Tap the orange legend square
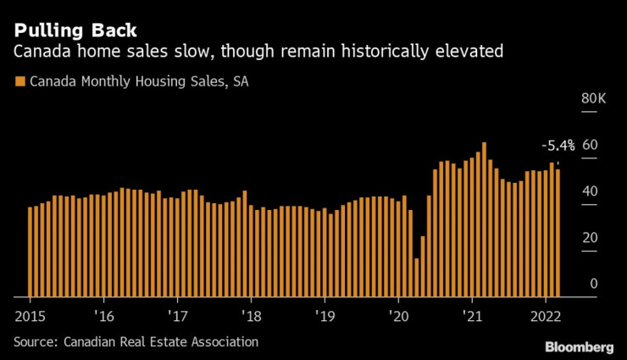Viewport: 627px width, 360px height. pos(19,82)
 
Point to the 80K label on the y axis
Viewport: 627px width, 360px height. pos(594,99)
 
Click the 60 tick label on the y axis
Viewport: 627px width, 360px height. pos(590,145)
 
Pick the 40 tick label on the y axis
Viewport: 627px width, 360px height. pos(590,191)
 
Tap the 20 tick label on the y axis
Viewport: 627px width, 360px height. pos(590,238)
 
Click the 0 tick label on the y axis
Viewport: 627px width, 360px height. pos(594,284)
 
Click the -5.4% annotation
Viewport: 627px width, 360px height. pos(558,145)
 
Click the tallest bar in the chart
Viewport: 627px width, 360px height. pos(484,220)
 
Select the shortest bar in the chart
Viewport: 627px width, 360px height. pos(417,278)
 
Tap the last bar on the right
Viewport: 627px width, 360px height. pos(558,233)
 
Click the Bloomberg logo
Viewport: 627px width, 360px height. pos(580,347)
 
